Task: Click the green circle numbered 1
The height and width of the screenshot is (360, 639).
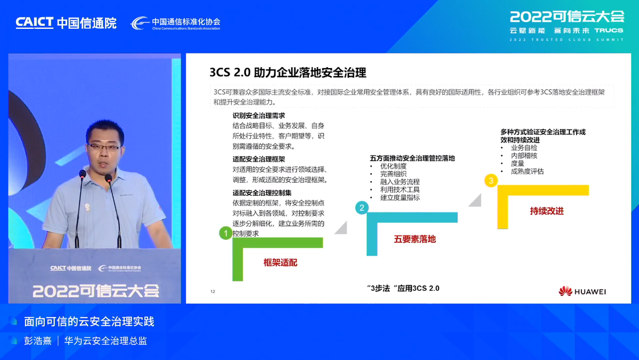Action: point(226,233)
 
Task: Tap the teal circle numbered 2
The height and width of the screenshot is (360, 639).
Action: point(362,208)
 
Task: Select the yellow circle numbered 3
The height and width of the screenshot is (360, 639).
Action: point(490,180)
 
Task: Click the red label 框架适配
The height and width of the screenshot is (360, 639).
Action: point(280,262)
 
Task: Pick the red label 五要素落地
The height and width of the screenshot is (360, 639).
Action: point(415,239)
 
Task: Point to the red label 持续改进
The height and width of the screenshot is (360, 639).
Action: point(546,211)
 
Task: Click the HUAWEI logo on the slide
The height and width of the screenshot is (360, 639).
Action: point(582,291)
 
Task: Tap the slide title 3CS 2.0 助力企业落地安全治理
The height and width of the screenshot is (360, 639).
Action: point(288,72)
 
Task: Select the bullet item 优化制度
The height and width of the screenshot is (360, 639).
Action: point(393,166)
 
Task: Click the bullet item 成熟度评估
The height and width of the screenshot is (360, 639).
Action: point(527,171)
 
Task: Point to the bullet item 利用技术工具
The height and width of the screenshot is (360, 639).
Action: point(400,190)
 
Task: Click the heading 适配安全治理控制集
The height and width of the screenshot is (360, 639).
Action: point(262,193)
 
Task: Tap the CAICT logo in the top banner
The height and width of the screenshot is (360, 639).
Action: point(35,23)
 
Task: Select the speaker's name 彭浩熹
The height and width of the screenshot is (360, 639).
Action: point(38,341)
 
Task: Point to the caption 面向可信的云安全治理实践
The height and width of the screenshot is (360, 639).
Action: point(89,322)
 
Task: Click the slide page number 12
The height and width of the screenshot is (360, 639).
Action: point(213,291)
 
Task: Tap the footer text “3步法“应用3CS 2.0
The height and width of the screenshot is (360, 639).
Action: point(403,288)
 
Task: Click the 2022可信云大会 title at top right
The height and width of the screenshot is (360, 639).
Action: point(567,17)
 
